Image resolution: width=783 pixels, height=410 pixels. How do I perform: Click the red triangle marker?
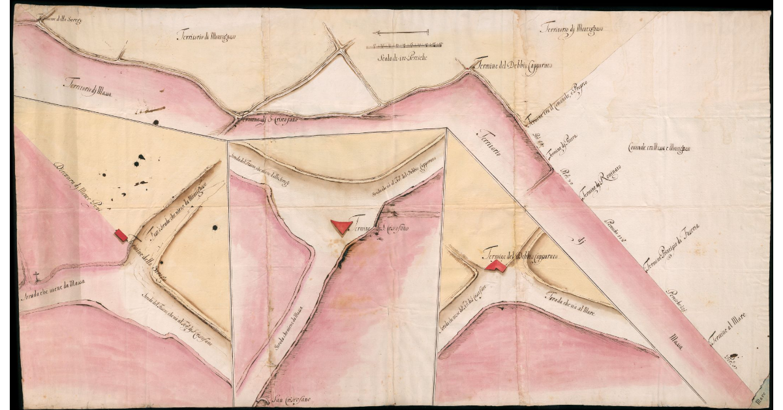341,226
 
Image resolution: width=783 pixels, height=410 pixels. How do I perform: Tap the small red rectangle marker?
121,236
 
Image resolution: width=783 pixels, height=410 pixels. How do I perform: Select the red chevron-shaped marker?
496,265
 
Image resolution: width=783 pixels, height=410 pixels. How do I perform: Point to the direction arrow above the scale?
401,32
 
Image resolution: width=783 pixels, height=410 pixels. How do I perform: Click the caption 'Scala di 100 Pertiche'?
403,59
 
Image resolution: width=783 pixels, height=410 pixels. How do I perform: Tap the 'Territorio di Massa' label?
87,88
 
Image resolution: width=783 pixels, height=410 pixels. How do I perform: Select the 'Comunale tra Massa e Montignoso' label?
660,148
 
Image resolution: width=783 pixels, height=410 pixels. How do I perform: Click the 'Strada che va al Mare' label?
572,300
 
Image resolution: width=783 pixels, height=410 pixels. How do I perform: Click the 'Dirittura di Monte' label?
78,182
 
